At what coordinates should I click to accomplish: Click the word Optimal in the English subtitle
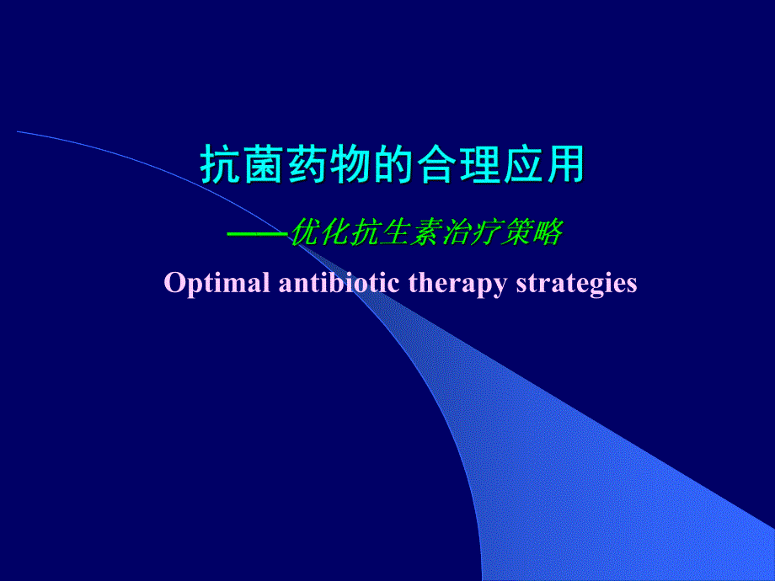(x=216, y=283)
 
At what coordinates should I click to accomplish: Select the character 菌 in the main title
(x=263, y=165)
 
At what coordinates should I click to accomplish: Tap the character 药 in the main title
(x=307, y=165)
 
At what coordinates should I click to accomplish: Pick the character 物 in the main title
(x=350, y=165)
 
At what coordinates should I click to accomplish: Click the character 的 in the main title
(x=393, y=165)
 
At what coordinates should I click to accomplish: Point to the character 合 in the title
(x=436, y=165)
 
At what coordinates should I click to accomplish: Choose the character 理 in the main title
(x=478, y=165)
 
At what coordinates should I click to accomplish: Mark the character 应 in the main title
(x=521, y=165)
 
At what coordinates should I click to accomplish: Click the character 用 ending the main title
(x=564, y=165)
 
